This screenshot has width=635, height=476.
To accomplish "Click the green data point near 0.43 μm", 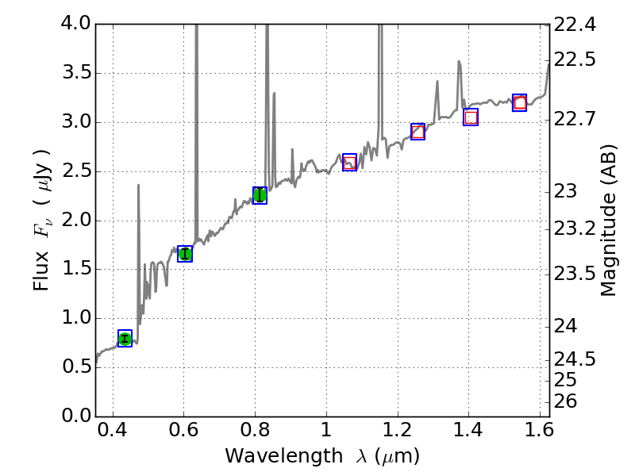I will tap(125, 339).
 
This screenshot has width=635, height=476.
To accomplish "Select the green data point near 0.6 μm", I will tap(185, 254).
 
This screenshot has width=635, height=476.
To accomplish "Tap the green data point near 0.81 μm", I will tap(260, 194).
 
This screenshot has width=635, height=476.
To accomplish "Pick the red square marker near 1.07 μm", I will tap(349, 163).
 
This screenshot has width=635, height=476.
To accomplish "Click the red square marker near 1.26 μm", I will tap(418, 132).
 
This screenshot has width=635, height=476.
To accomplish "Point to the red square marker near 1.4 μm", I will tap(471, 117).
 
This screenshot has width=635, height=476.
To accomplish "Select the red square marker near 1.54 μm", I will tap(520, 102).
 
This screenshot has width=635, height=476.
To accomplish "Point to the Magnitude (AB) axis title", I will tap(609, 220).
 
